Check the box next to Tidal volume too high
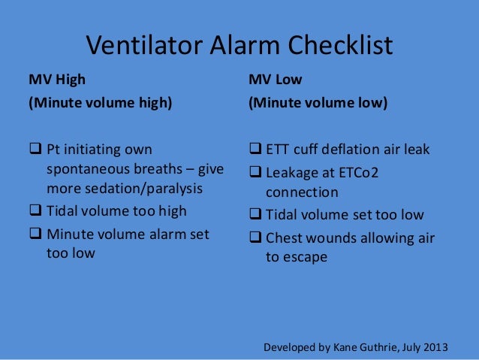[x=35, y=211]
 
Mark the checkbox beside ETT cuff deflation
[x=255, y=149]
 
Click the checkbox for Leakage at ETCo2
[x=255, y=173]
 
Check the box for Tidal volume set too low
[x=255, y=215]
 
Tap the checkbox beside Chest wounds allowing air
[x=255, y=239]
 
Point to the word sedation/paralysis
[x=143, y=187]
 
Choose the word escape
[x=306, y=257]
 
